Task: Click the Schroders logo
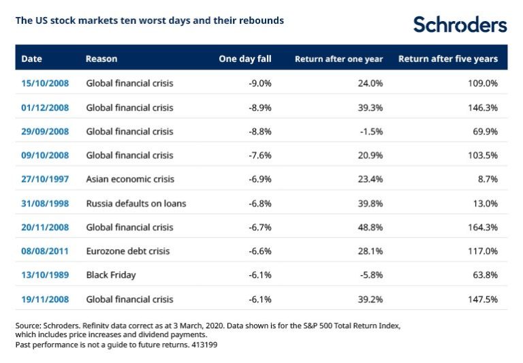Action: [460, 25]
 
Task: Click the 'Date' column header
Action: [31, 59]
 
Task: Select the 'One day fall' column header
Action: [244, 59]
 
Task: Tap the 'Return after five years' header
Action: [448, 59]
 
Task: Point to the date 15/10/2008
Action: [45, 84]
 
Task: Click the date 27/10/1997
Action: [45, 179]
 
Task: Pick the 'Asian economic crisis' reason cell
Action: [130, 179]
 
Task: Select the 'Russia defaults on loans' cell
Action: [136, 203]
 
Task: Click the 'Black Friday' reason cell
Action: [111, 275]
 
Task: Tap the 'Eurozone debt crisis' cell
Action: [128, 251]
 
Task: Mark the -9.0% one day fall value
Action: [259, 84]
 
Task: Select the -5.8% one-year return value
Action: [371, 275]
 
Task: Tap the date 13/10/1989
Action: [45, 275]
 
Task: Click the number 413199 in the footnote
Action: [203, 345]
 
